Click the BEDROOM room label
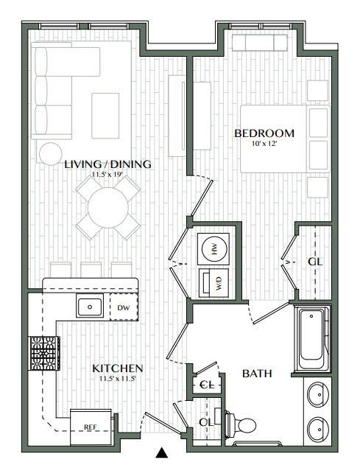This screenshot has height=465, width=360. (264, 133)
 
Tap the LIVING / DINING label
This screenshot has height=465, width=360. (107, 164)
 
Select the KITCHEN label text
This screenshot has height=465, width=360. (117, 368)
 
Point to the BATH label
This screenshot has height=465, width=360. (257, 374)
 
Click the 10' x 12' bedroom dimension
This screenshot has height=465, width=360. (264, 144)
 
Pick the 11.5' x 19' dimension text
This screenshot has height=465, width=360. (107, 175)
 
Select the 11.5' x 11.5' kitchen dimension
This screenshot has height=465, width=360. (117, 379)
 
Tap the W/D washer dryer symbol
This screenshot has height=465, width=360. (214, 283)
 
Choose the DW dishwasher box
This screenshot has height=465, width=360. (123, 307)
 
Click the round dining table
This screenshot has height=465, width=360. (109, 208)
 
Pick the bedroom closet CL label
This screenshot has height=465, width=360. (314, 262)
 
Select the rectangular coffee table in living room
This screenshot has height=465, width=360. (107, 115)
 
